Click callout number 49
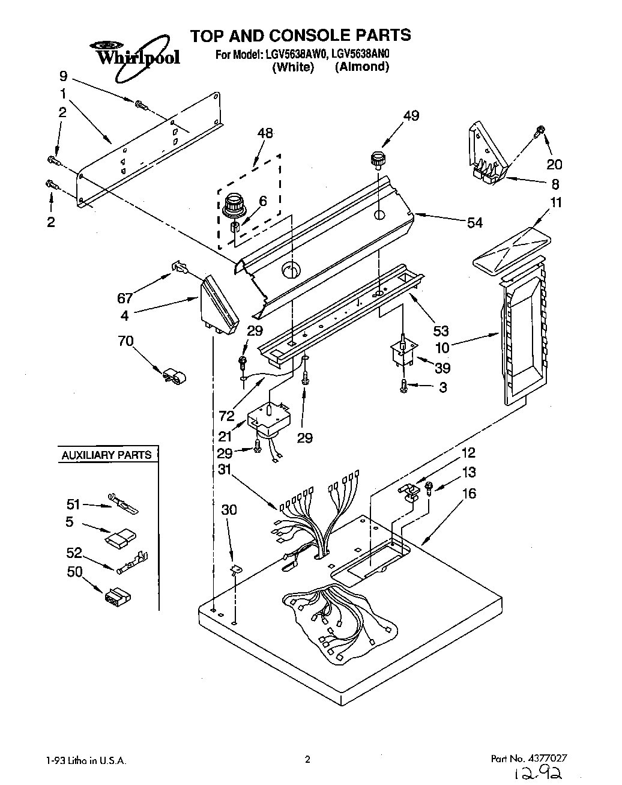411,115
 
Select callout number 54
475,222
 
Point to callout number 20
554,164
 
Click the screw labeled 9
141,105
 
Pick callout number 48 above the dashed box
264,133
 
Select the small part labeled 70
172,377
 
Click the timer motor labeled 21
270,417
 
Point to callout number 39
442,368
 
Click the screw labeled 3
404,388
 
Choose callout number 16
469,493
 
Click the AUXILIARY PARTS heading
106,455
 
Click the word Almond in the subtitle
362,67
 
